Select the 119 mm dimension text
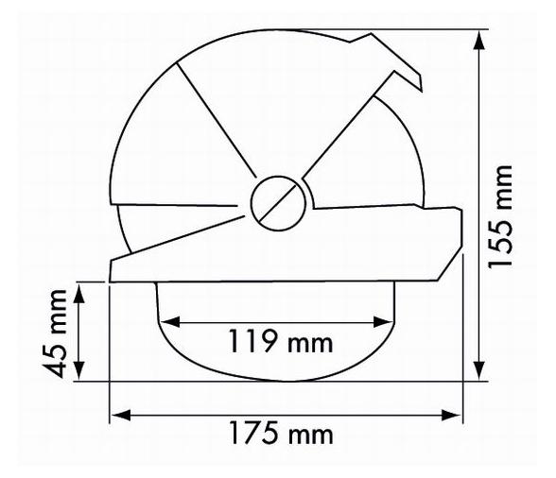point(279,342)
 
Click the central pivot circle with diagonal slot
point(278,201)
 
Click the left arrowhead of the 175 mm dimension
point(117,414)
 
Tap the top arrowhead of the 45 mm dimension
point(81,289)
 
